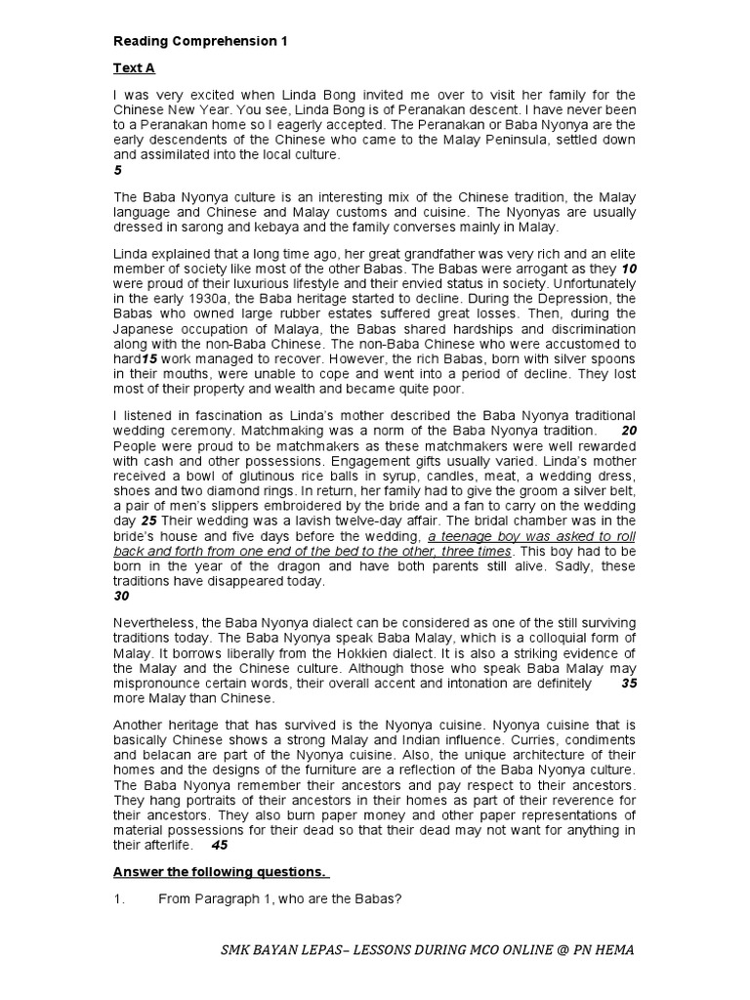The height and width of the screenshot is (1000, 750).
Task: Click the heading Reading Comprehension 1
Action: (x=200, y=42)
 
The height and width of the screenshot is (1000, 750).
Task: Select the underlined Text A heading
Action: (x=134, y=68)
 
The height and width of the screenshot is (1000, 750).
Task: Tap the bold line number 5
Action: (x=117, y=169)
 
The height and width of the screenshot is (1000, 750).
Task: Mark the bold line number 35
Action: (x=628, y=684)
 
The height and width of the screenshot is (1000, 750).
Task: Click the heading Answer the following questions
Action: (x=221, y=871)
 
